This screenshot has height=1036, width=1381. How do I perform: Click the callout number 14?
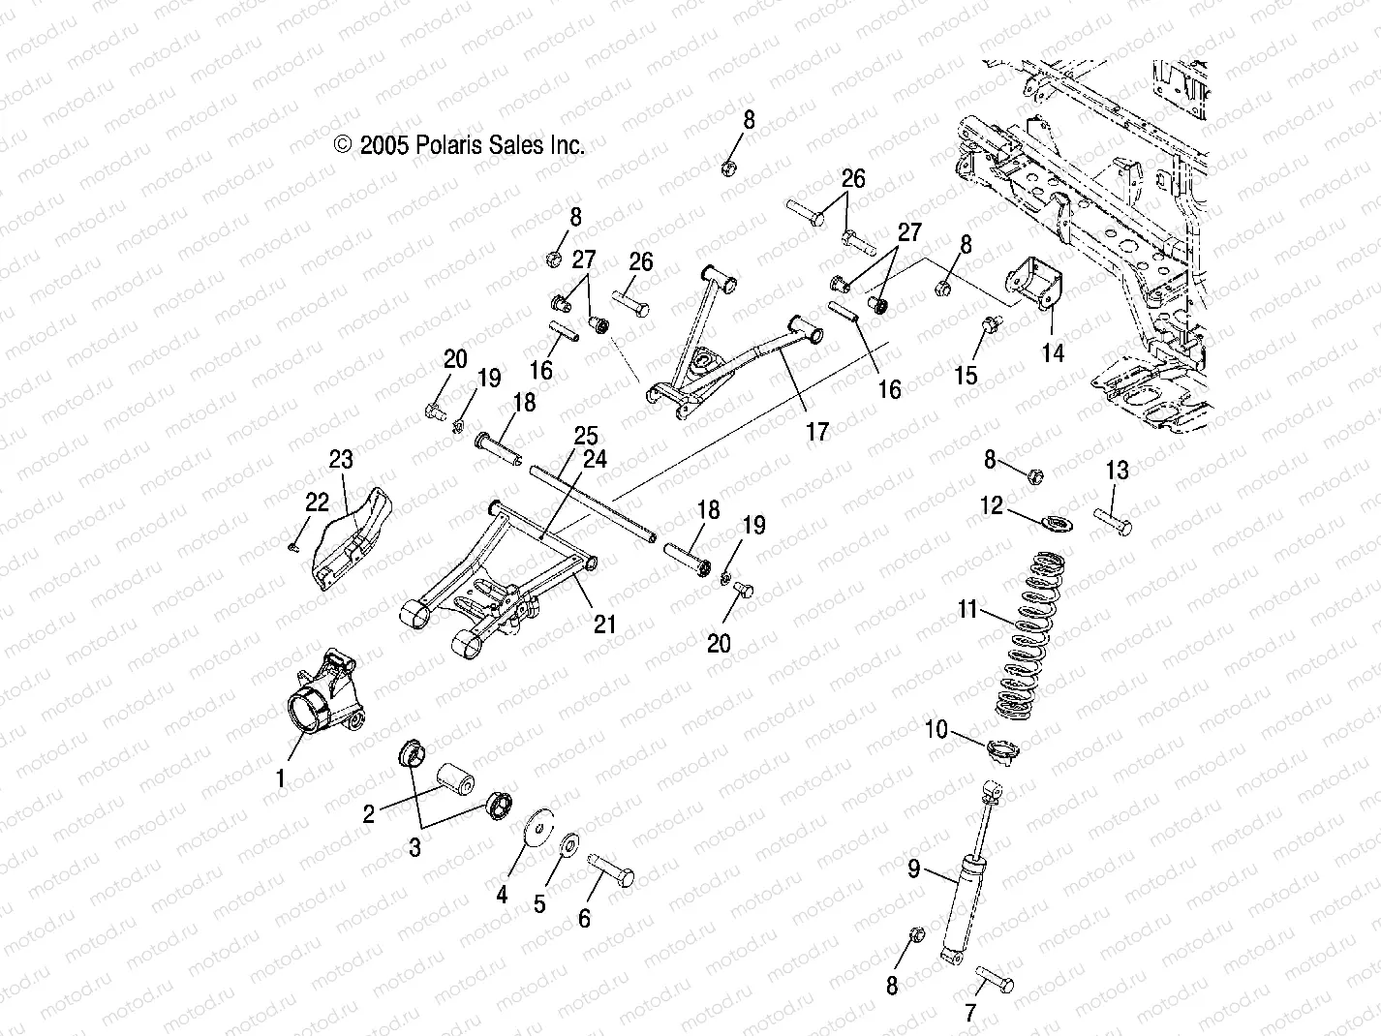point(1053,353)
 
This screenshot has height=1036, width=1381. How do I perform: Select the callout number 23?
point(341,459)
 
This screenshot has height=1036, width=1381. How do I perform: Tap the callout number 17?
point(818,431)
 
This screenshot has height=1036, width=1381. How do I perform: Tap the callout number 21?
point(604,625)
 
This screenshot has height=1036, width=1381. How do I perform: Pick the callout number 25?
point(585,436)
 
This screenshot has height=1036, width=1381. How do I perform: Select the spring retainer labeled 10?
point(1000,748)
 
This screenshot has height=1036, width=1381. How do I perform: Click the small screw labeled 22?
point(295,546)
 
